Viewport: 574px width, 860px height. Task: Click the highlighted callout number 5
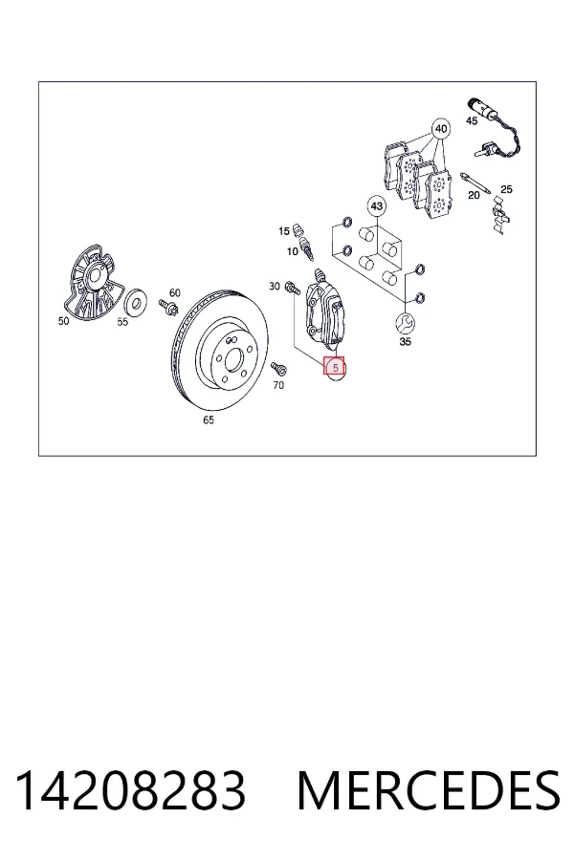(335, 367)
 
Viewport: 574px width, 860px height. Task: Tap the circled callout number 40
(440, 129)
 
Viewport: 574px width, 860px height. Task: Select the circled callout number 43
(376, 206)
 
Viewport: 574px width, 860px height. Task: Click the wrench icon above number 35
(405, 323)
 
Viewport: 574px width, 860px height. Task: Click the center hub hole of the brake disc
(232, 358)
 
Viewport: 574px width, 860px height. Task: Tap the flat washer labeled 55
(135, 301)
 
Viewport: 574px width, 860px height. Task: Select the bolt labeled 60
(167, 306)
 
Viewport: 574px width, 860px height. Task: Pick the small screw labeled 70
(278, 369)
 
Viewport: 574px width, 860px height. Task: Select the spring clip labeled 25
(501, 217)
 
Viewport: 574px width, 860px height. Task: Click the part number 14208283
(130, 791)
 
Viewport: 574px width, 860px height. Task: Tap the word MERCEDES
(429, 791)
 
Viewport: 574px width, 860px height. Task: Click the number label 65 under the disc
(209, 420)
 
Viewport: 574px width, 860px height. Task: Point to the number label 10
(292, 251)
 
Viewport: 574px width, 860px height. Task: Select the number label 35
(405, 342)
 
